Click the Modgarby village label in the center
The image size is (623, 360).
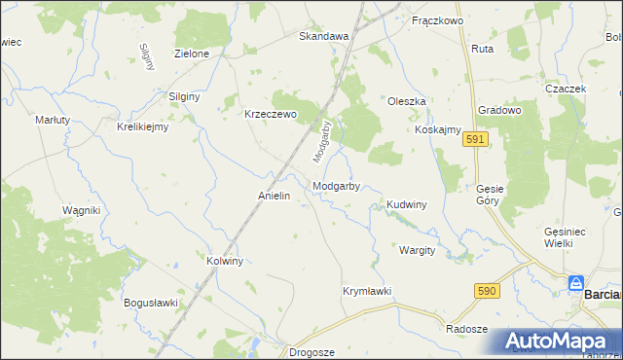click(x=337, y=186)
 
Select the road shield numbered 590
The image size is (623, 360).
click(x=488, y=291)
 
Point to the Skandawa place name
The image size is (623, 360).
click(x=323, y=36)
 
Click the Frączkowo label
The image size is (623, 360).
click(x=437, y=19)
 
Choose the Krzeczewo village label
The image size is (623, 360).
click(x=269, y=113)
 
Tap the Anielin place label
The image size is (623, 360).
click(x=275, y=196)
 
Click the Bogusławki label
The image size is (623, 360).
click(x=151, y=303)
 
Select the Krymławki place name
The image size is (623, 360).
click(x=367, y=291)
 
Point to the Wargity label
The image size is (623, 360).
click(x=417, y=250)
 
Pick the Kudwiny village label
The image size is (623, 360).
click(x=407, y=205)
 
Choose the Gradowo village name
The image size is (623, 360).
click(x=500, y=111)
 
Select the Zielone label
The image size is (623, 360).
click(x=191, y=54)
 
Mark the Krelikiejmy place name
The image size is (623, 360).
click(x=143, y=126)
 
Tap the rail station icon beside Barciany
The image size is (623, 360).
click(x=576, y=284)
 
